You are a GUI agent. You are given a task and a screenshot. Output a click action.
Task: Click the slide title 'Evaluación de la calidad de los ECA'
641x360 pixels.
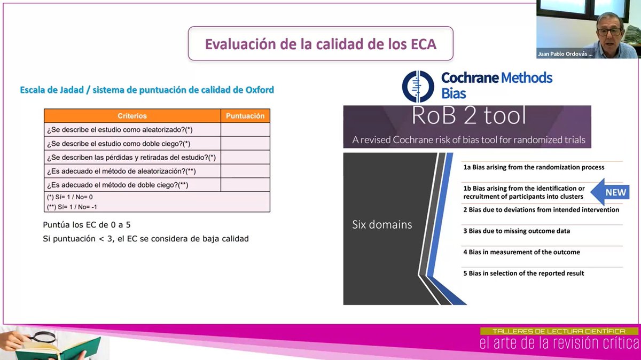tap(320, 44)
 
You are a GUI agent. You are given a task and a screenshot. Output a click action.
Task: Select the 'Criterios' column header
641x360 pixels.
tap(132, 116)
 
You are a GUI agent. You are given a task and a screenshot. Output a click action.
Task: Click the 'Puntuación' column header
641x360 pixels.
tap(245, 116)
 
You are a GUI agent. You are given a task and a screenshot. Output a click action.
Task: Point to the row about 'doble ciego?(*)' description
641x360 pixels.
tap(119, 144)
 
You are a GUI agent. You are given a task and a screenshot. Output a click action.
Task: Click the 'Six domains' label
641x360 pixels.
tap(382, 225)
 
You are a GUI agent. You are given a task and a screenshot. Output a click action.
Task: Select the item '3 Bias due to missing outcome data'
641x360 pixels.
tap(517, 231)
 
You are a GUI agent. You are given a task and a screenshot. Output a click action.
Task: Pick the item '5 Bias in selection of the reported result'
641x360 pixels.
tap(523, 273)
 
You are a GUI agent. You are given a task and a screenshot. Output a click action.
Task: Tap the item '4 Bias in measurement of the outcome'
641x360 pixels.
tap(521, 252)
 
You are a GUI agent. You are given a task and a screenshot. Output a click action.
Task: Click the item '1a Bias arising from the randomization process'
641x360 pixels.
tap(534, 167)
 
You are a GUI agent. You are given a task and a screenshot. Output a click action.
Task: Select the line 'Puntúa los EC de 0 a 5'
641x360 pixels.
tap(87, 225)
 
